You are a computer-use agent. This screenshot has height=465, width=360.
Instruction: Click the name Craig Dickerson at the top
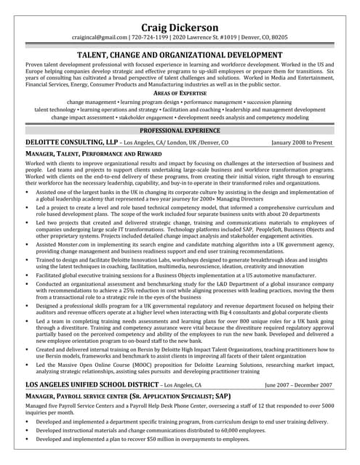point(180,27)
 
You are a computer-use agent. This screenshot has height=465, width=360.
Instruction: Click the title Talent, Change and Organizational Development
point(180,54)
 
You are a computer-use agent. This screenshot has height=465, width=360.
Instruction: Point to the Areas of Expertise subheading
point(180,94)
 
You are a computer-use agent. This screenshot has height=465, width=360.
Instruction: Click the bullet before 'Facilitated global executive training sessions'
point(27,276)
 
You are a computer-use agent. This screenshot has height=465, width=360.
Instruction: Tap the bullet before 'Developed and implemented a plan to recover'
point(27,440)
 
